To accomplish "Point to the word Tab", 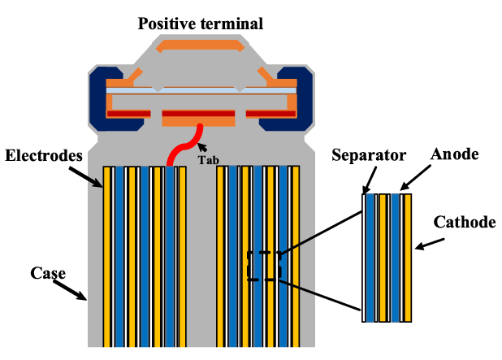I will point(208,160).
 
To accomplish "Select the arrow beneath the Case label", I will point(71,290).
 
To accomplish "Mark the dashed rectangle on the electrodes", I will point(264,266).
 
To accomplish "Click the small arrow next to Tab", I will point(201,148).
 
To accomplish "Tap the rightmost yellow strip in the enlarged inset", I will point(408,257).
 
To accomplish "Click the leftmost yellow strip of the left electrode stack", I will point(106,256).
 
